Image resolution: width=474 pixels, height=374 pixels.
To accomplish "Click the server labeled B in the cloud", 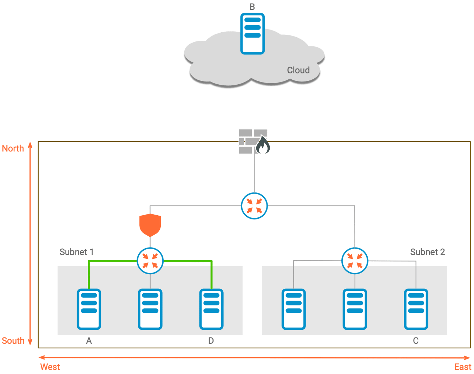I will (x=252, y=33).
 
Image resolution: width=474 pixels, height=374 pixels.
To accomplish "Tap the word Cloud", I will (x=298, y=70).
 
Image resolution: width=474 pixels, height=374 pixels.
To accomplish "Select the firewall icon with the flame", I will (x=254, y=142).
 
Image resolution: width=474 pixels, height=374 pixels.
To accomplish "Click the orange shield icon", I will (x=150, y=225).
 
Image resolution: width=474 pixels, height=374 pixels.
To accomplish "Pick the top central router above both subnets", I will (x=255, y=206).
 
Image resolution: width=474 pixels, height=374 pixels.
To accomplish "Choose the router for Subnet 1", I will (x=150, y=261).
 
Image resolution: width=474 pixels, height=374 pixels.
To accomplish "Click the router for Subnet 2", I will (x=355, y=261).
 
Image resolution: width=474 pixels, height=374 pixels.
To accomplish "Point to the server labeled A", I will (x=89, y=309).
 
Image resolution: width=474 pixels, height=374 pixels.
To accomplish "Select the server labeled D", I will (x=211, y=309).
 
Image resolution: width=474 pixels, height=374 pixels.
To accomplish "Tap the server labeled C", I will (x=416, y=309).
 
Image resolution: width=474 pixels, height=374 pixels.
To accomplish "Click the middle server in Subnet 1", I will (x=150, y=309).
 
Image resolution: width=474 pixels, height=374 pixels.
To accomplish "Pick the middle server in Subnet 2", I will (x=355, y=309).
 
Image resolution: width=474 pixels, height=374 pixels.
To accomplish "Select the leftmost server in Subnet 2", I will (x=294, y=309).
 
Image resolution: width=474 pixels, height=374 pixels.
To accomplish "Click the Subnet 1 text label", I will (x=77, y=252).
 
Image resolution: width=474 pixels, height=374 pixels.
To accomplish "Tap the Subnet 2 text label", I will (x=427, y=252).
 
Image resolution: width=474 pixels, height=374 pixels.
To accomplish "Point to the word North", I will (x=13, y=149).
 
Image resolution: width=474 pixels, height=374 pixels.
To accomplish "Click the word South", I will (x=13, y=341).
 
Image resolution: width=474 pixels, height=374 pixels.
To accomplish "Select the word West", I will (x=50, y=367).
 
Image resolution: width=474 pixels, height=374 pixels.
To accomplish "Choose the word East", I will (x=462, y=367).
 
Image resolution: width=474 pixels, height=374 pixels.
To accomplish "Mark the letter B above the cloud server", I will (x=252, y=7).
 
